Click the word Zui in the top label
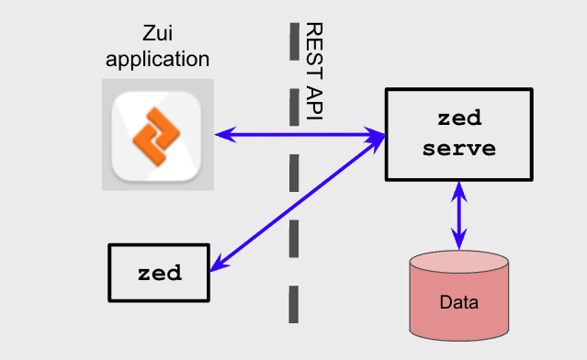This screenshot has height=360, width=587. click(x=158, y=34)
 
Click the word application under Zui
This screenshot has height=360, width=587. click(x=158, y=60)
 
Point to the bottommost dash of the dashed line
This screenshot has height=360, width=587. click(x=293, y=304)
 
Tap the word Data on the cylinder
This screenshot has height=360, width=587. click(x=458, y=302)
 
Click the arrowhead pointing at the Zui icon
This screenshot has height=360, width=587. click(x=222, y=136)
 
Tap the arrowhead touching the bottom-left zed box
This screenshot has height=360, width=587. click(x=217, y=266)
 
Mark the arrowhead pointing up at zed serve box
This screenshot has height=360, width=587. click(x=458, y=187)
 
